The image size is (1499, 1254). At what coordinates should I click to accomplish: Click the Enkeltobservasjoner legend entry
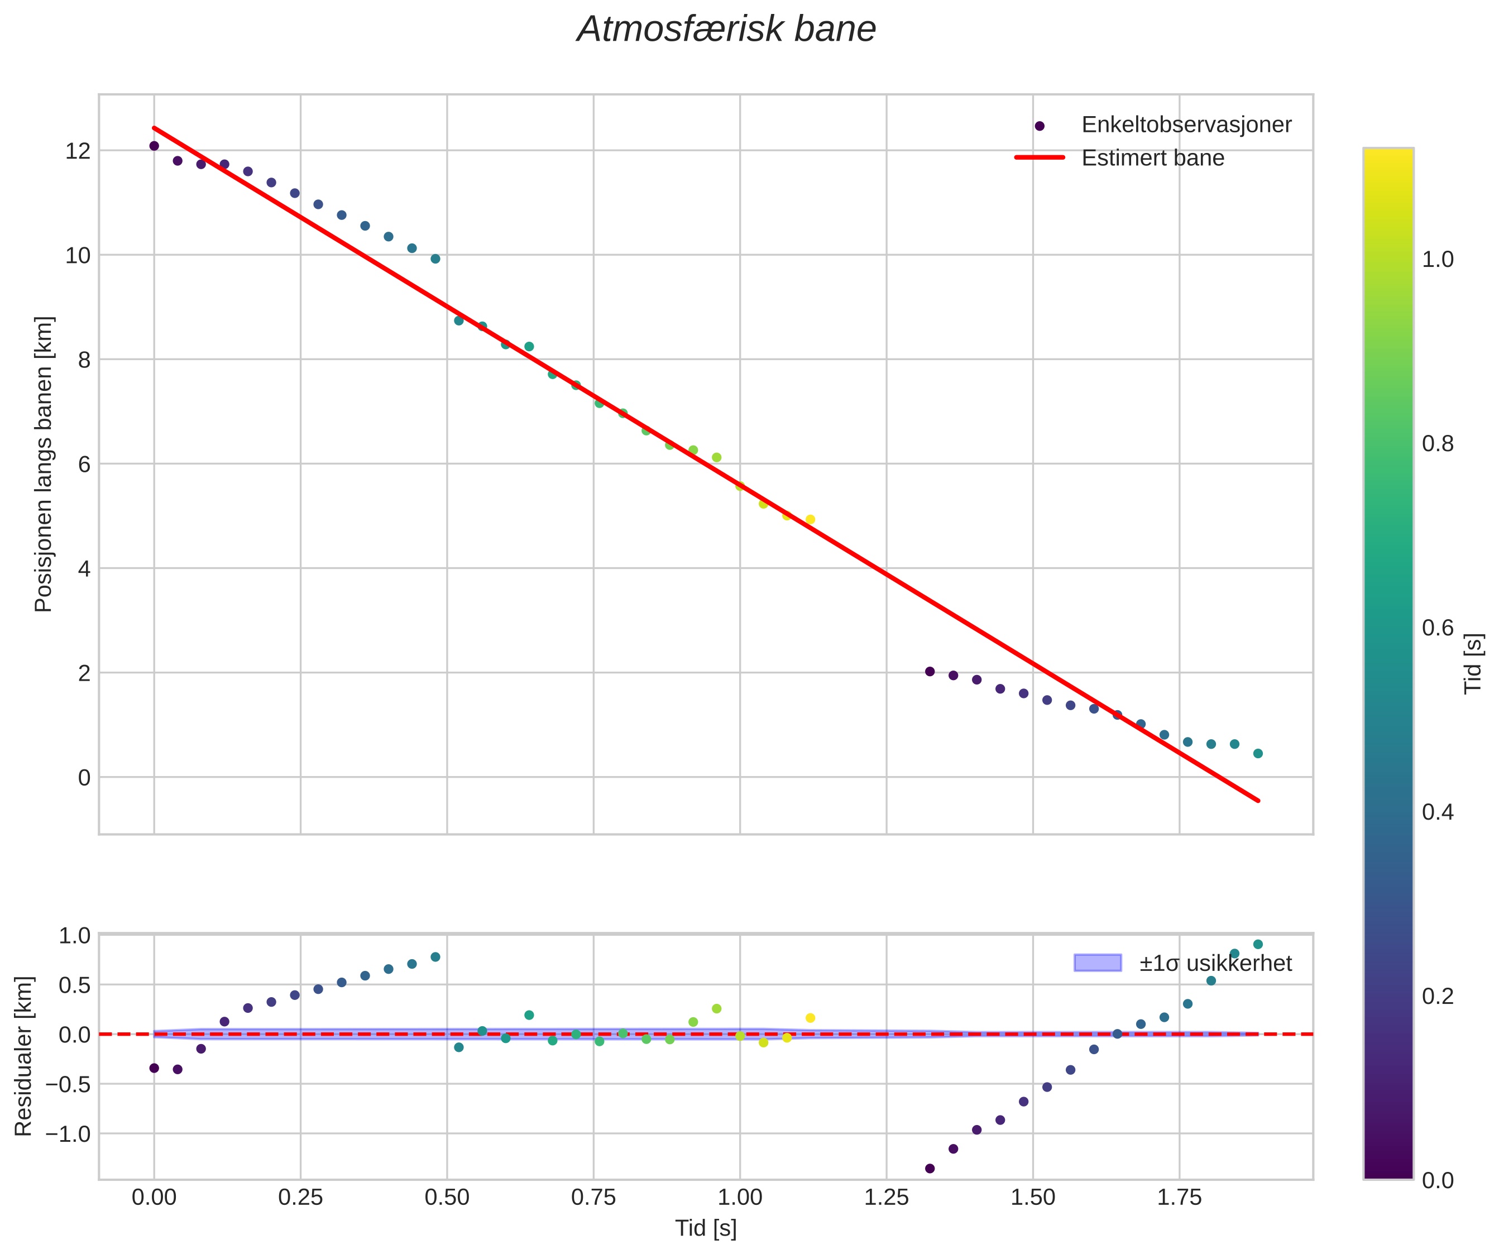point(1186,125)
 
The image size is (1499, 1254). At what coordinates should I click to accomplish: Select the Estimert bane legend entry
point(1152,158)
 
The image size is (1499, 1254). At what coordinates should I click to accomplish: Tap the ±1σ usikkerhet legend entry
point(1215,964)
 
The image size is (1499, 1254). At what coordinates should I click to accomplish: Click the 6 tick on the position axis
point(84,465)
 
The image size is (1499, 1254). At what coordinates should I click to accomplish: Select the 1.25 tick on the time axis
point(886,1198)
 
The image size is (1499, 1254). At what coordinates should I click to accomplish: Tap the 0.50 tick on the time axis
point(447,1198)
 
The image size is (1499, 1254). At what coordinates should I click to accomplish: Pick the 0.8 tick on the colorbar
point(1438,444)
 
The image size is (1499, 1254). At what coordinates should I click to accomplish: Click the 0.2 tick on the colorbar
point(1438,997)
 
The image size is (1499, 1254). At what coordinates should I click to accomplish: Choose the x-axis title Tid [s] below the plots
point(705,1228)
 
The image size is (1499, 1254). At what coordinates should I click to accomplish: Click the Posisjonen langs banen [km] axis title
point(44,464)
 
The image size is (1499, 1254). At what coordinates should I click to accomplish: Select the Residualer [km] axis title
point(23,1056)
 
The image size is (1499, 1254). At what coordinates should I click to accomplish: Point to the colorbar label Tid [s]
point(1473,663)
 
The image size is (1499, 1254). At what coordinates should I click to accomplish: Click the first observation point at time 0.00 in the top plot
point(154,146)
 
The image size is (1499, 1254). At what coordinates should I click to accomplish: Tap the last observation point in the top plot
point(1258,754)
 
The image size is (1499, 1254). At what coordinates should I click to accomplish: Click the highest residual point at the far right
point(1258,944)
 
